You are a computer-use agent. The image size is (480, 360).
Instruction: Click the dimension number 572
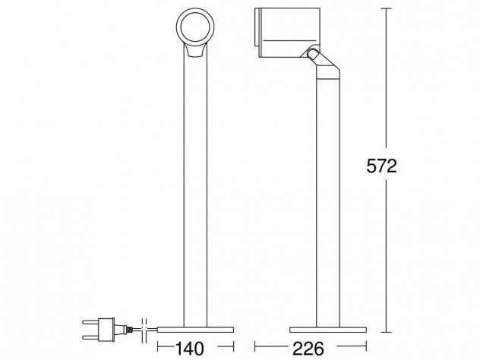(381, 166)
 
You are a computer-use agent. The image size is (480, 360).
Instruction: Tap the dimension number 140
(189, 349)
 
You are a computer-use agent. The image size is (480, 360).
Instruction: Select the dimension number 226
(308, 349)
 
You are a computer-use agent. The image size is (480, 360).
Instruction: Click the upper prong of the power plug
(90, 322)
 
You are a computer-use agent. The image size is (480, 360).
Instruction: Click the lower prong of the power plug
(90, 337)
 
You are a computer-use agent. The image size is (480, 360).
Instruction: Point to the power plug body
(106, 330)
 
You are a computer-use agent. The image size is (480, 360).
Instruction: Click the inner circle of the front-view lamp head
(195, 27)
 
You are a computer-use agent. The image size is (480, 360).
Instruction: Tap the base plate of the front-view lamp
(195, 330)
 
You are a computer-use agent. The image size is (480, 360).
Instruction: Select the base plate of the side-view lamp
(328, 330)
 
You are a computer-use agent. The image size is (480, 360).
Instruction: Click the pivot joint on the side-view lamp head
(313, 54)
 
